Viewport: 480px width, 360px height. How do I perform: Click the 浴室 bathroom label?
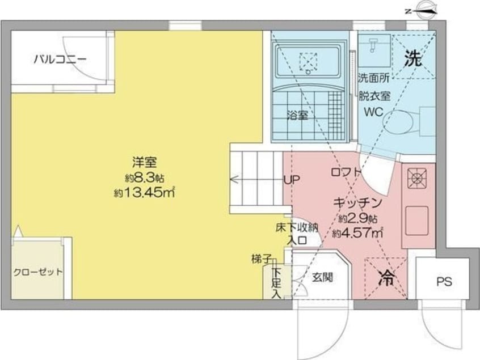(x=298, y=115)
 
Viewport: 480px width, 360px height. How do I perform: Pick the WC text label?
(x=373, y=111)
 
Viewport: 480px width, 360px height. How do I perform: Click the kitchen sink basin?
(x=417, y=217)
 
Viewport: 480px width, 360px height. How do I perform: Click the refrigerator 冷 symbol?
(x=386, y=278)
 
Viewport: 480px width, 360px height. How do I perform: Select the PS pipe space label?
(x=444, y=282)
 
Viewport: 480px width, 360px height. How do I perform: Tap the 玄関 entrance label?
(x=322, y=278)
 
